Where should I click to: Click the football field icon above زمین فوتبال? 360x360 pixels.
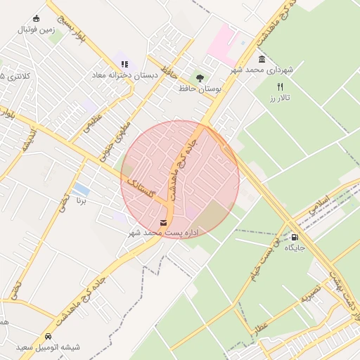37,19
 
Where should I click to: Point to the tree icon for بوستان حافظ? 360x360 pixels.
201,78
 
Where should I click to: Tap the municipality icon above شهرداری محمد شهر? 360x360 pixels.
262,59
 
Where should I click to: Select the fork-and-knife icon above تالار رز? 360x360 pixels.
281,86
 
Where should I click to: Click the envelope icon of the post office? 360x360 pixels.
164,223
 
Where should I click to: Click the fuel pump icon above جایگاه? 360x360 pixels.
294,238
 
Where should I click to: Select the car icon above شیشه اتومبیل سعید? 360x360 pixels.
48,337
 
